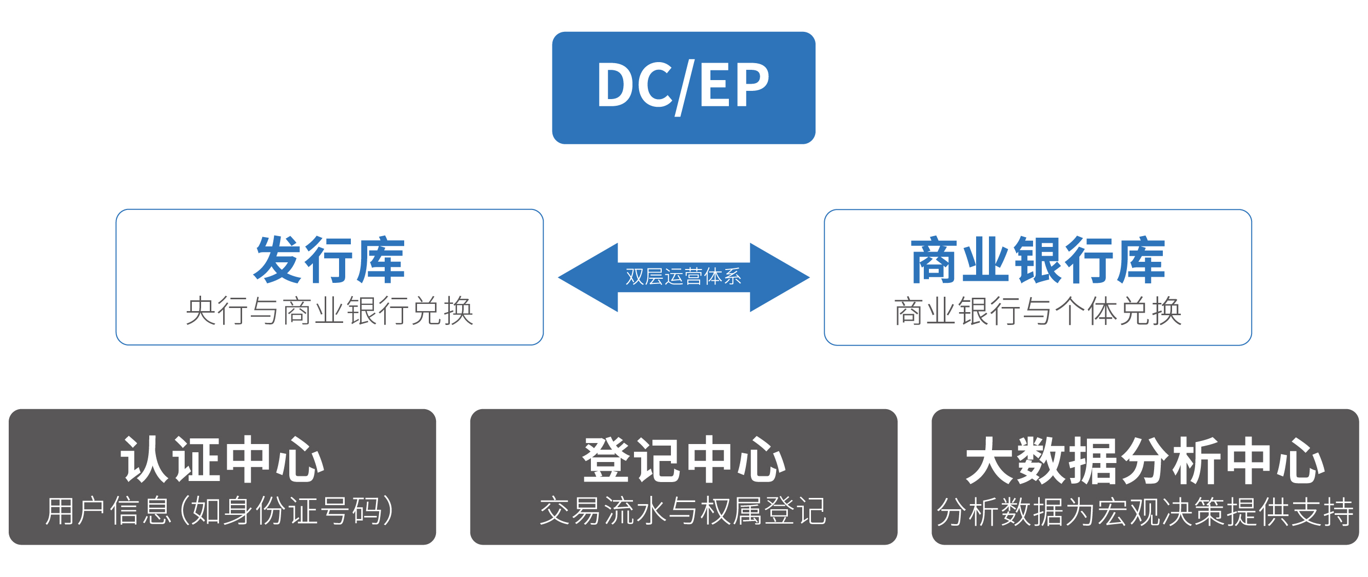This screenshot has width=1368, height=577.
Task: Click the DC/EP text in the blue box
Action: coord(683,86)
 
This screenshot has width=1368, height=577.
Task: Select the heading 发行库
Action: coord(329,260)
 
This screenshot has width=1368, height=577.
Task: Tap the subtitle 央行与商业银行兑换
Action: coord(329,310)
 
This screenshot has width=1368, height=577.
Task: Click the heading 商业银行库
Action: coord(1038,260)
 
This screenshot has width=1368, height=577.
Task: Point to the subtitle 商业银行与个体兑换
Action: coord(1038,310)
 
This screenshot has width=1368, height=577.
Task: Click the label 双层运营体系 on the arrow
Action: coord(683,276)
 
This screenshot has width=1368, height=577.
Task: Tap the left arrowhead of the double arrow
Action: coord(588,277)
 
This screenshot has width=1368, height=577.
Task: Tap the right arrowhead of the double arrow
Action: coord(780,277)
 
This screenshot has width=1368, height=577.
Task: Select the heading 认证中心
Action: coord(223,459)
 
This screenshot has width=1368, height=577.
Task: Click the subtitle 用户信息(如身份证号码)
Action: coord(220,511)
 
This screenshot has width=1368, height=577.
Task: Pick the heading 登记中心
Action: coord(684,459)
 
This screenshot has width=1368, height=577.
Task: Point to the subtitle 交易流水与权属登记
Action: coord(683,511)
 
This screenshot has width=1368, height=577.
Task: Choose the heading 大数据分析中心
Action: coord(1145,460)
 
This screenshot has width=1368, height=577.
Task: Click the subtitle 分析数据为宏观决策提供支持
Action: coord(1145,511)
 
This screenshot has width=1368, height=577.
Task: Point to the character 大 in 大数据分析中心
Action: coord(990,460)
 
